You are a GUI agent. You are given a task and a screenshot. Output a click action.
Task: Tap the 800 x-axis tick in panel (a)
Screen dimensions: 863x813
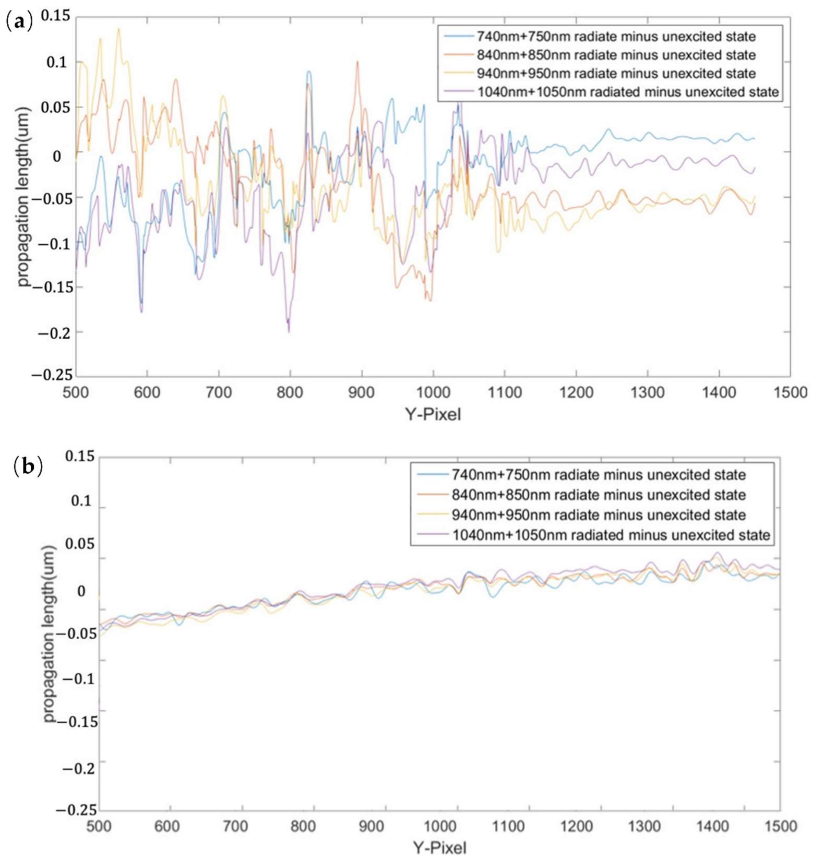[290, 393]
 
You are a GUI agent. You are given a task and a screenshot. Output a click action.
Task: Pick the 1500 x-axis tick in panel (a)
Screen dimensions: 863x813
[790, 393]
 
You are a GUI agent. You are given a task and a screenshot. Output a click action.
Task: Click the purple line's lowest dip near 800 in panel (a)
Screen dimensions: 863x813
[289, 332]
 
